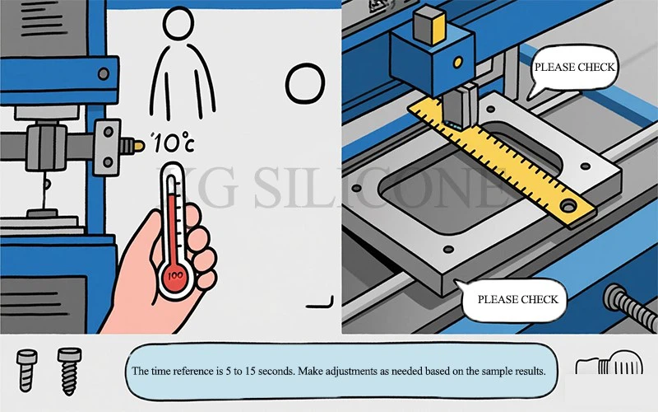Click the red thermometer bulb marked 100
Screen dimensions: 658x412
174,276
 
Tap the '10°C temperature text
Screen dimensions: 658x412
173,143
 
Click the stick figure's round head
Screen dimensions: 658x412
178,23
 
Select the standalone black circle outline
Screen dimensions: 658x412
305,84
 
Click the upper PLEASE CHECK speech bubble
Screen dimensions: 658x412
573,69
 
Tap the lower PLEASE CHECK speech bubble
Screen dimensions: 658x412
514,300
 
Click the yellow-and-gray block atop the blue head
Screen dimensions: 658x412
429,26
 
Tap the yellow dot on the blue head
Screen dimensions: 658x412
458,63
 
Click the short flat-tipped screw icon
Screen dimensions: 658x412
27,370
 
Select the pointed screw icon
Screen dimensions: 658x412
69,371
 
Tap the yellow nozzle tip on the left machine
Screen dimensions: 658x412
139,146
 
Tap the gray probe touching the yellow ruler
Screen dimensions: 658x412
460,106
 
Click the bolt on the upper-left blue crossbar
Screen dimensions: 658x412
104,73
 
